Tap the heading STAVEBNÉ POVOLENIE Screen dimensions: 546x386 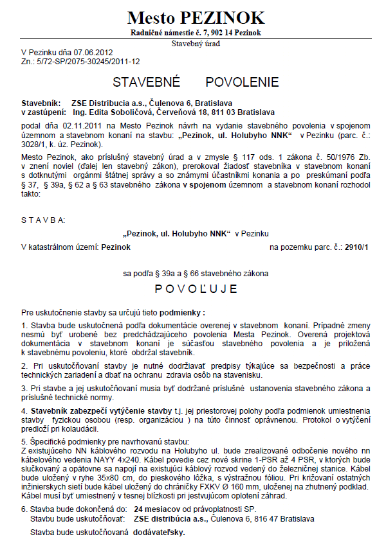pos(196,82)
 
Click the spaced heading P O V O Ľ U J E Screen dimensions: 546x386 pos(196,287)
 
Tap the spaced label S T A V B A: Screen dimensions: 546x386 pos(43,220)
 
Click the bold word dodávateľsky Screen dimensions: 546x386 pos(161,533)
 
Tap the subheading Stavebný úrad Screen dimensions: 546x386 pos(196,44)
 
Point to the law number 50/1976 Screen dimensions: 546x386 pos(338,156)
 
